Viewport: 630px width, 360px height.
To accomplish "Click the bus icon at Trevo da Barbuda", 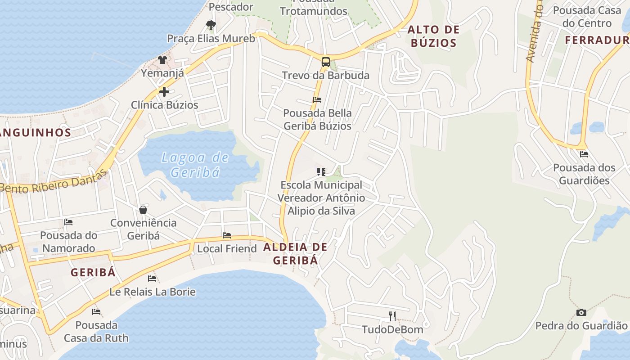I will (x=325, y=62).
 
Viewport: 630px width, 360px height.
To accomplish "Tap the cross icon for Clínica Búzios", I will (x=164, y=92).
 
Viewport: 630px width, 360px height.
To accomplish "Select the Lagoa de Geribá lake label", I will (x=195, y=165).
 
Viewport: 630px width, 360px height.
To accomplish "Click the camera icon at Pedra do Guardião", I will (x=581, y=312).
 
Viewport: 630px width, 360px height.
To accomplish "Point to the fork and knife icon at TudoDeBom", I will (x=392, y=316).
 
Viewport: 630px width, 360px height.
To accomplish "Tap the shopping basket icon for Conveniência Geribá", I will (x=143, y=210).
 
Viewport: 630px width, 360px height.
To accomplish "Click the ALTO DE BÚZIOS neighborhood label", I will (x=433, y=36).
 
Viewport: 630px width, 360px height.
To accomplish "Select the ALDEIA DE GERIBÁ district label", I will (x=295, y=253).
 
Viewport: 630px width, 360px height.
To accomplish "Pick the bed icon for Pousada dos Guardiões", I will (x=584, y=154).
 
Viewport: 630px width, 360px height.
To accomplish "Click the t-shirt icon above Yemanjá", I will (x=162, y=60).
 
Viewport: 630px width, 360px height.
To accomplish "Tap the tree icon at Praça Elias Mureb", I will (x=211, y=25).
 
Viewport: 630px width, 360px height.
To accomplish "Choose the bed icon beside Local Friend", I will (x=227, y=235).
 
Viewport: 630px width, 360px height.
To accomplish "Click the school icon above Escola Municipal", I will (x=321, y=171).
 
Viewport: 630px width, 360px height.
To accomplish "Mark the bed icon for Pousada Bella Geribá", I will (x=317, y=100).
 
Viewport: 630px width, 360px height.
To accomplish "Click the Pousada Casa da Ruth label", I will (x=96, y=331).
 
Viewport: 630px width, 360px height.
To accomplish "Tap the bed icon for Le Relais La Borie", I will (x=152, y=279).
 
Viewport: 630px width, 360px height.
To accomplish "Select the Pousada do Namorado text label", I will (x=68, y=242).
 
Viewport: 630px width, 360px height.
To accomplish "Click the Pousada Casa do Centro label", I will (x=587, y=17).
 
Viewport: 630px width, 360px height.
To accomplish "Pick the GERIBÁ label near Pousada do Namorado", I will (x=93, y=272).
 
